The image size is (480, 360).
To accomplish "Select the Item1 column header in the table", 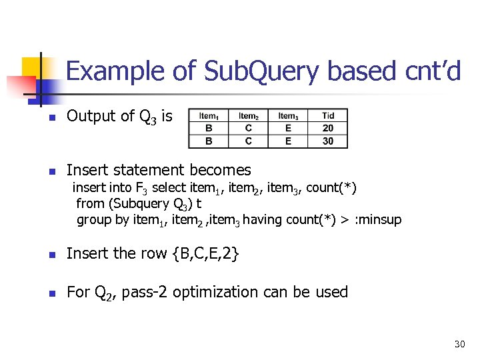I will [x=209, y=116].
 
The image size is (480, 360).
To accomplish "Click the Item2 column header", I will [x=248, y=116].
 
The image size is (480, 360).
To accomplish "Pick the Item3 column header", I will [x=288, y=116].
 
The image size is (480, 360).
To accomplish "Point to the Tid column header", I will [x=327, y=116].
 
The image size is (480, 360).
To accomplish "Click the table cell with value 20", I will [x=327, y=128].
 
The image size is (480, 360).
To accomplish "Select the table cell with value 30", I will [x=327, y=141].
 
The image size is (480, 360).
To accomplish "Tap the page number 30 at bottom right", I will [x=459, y=344].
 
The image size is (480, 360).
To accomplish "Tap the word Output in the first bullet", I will [x=91, y=116].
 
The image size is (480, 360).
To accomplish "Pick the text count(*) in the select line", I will [x=331, y=187].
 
